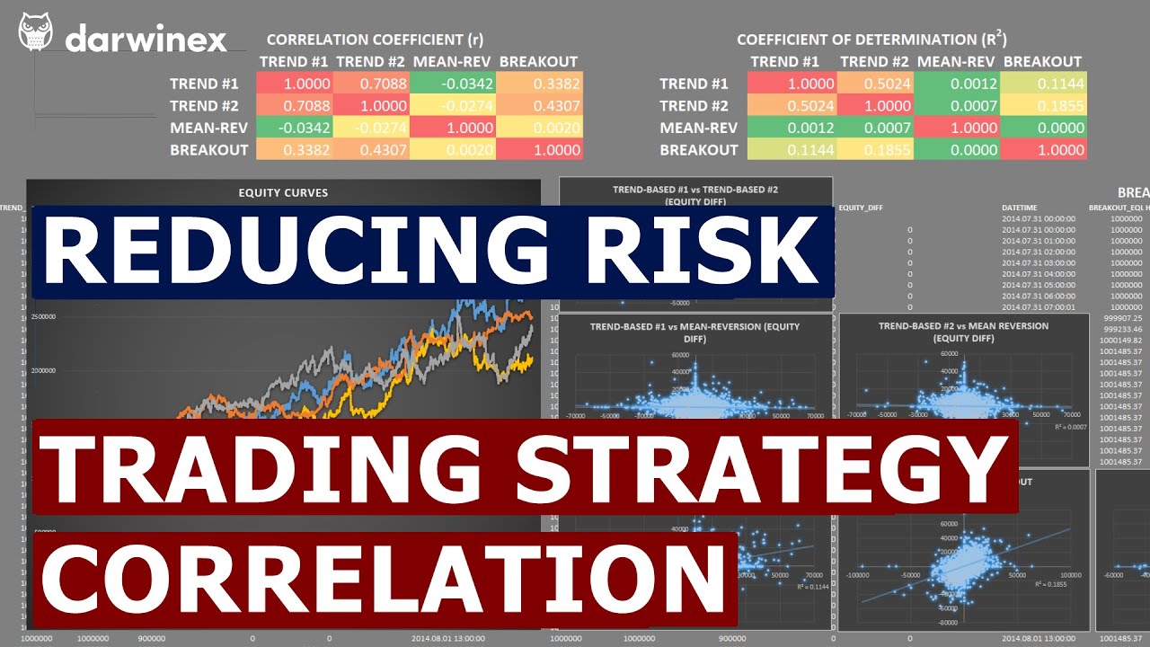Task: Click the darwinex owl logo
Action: click(35, 33)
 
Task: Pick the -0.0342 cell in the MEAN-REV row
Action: click(294, 128)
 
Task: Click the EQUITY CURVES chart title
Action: click(283, 192)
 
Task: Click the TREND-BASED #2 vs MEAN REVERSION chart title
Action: click(963, 332)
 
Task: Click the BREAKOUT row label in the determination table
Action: click(698, 150)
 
